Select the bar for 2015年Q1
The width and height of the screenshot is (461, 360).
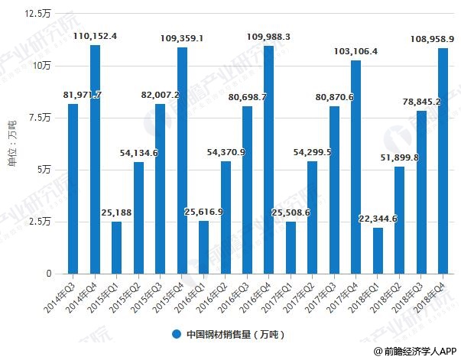click(x=116, y=248)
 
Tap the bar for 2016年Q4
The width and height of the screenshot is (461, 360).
click(x=269, y=160)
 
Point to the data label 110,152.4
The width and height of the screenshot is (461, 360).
click(x=95, y=36)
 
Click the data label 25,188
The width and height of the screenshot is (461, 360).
click(x=116, y=212)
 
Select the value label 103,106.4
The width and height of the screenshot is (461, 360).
click(x=356, y=50)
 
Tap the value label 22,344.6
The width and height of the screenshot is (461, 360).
click(x=378, y=219)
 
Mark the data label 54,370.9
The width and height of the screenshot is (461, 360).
click(x=226, y=152)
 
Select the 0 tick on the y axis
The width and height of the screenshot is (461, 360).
click(x=49, y=274)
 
